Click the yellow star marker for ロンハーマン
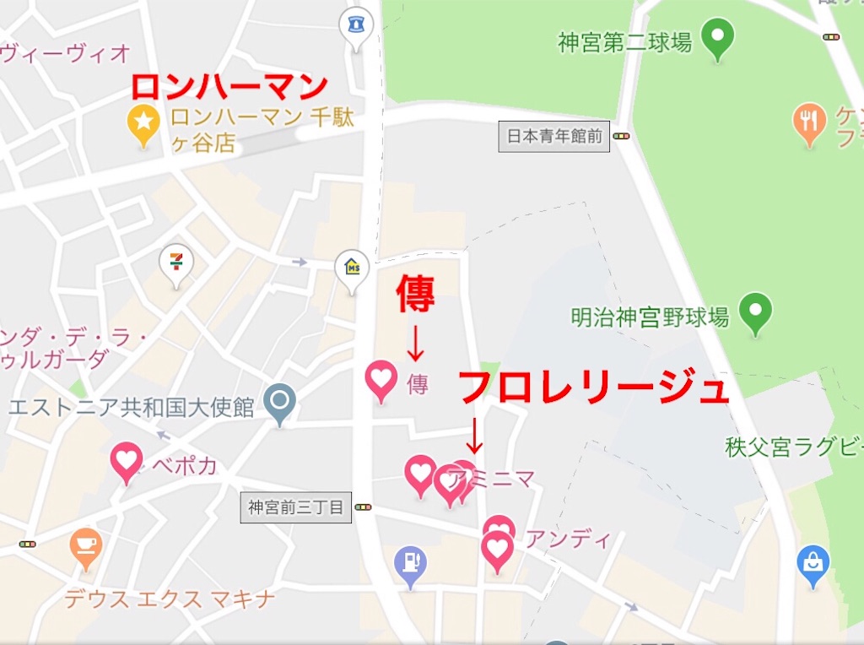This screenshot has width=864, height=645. click(143, 123)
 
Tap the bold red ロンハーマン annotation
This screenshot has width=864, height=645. click(229, 87)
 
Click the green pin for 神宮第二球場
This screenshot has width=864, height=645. click(719, 37)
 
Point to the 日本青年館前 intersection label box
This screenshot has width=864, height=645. click(554, 136)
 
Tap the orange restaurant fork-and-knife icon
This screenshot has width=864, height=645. click(809, 121)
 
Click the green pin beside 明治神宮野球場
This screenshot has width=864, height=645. click(755, 311)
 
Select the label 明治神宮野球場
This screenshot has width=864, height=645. click(650, 317)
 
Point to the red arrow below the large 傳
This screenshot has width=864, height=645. click(415, 342)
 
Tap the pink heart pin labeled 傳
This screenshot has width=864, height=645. click(381, 379)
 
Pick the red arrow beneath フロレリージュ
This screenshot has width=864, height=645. click(474, 434)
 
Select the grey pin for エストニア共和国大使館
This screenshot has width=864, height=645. click(278, 400)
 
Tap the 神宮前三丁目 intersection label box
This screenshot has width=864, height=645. click(295, 508)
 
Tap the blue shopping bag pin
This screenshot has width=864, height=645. click(813, 562)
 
